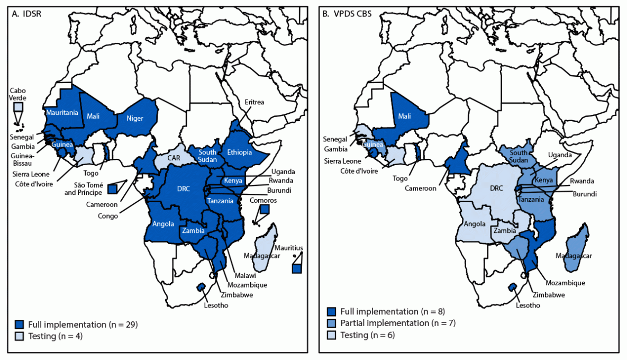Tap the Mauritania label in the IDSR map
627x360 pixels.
tap(62, 112)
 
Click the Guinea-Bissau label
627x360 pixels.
tap(22, 160)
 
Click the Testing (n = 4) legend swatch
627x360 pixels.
tap(20, 335)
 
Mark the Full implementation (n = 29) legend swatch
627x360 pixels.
tap(20, 323)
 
